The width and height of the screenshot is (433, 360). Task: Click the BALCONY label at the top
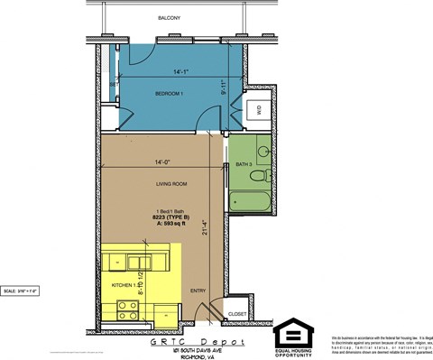[169, 18]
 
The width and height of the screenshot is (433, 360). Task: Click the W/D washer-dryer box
[258, 111]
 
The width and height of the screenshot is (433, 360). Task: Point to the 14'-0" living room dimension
[163, 163]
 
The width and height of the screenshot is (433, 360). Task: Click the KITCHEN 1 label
[123, 284]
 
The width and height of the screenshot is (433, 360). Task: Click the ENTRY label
[198, 291]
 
